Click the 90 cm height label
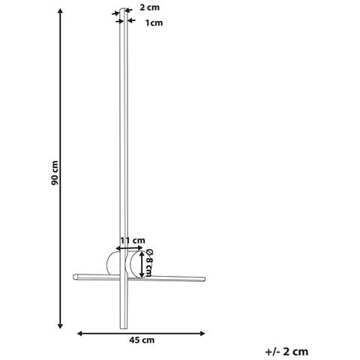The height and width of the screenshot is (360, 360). [55, 172]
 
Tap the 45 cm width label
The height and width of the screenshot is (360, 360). [142, 340]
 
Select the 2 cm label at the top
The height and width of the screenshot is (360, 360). [149, 7]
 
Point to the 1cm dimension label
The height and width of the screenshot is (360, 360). [154, 23]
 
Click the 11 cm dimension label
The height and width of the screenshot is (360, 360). [133, 241]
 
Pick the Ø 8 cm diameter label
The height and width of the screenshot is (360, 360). [149, 262]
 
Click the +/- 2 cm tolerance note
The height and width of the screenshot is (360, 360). [286, 352]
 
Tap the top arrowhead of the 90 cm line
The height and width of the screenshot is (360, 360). [60, 11]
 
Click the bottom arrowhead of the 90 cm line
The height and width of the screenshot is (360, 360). [60, 326]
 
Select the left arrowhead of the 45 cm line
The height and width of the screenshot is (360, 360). [79, 333]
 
